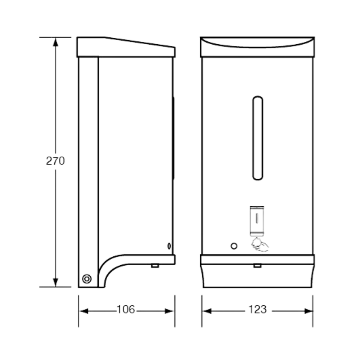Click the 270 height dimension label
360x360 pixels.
pyautogui.click(x=55, y=161)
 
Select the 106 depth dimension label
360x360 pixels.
pyautogui.click(x=126, y=309)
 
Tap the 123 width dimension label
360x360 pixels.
pyautogui.click(x=258, y=309)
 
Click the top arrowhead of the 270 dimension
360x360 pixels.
pyautogui.click(x=55, y=42)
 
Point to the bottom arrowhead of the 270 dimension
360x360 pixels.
pyautogui.click(x=55, y=282)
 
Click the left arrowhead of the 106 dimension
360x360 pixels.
pyautogui.click(x=84, y=311)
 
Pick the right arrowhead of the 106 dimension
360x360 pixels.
pyautogui.click(x=170, y=311)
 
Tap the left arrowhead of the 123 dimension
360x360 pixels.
pyautogui.click(x=207, y=311)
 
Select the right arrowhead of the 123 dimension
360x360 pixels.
pyautogui.click(x=309, y=311)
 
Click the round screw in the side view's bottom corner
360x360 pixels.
pyautogui.click(x=87, y=279)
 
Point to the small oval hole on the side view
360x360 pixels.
pyautogui.click(x=169, y=246)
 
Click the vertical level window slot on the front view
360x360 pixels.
pyautogui.click(x=258, y=138)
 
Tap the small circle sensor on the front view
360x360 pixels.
pyautogui.click(x=234, y=246)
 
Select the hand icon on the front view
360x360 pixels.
pyautogui.click(x=260, y=245)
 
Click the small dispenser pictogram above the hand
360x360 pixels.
pyautogui.click(x=257, y=221)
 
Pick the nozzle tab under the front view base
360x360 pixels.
pyautogui.click(x=257, y=266)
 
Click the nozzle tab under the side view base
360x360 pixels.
pyautogui.click(x=155, y=266)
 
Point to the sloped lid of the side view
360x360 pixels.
pyautogui.click(x=126, y=47)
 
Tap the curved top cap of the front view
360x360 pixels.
pyautogui.click(x=257, y=47)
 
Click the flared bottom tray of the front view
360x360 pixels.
pyautogui.click(x=257, y=276)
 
